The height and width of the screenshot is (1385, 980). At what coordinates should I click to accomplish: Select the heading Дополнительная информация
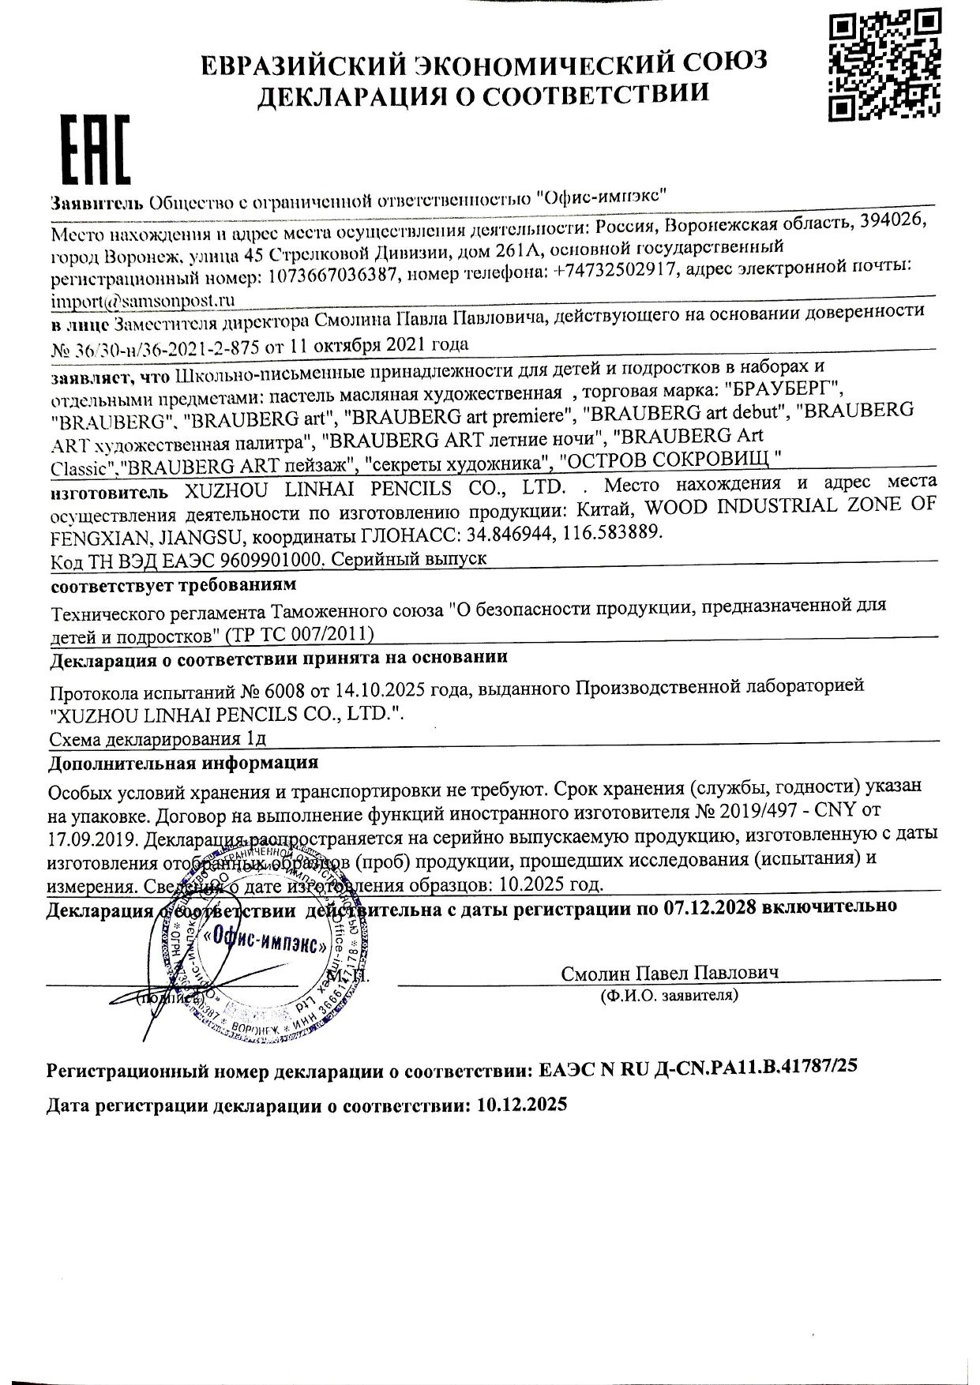[x=183, y=764]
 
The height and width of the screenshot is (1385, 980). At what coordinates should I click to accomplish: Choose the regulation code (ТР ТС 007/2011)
[x=299, y=634]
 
